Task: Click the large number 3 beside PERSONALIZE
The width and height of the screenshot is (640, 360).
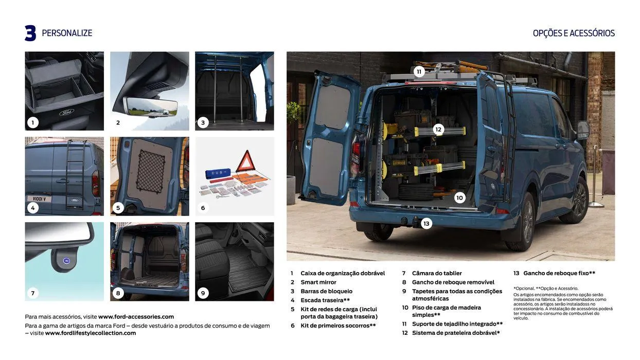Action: click(x=30, y=33)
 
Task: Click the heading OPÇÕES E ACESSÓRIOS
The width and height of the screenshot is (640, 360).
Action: click(x=574, y=33)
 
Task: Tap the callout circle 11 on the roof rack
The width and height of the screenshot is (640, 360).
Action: click(x=419, y=71)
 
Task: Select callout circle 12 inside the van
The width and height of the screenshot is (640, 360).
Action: click(x=438, y=130)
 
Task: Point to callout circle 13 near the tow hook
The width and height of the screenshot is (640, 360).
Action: click(x=426, y=223)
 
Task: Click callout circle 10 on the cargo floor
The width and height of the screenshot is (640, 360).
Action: click(x=459, y=197)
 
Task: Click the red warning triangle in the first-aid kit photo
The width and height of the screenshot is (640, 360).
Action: click(x=245, y=161)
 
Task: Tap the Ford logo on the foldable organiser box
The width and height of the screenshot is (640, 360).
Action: click(x=66, y=112)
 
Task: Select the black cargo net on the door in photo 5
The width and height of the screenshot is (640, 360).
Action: click(x=150, y=171)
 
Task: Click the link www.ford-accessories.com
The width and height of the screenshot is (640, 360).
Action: click(x=136, y=317)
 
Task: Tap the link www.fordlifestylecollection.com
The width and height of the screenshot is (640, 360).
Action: click(x=91, y=333)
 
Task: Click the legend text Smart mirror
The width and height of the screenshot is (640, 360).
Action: click(x=318, y=282)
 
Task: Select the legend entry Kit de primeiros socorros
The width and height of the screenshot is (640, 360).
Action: click(x=338, y=326)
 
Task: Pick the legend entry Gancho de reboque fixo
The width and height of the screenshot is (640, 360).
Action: click(x=559, y=273)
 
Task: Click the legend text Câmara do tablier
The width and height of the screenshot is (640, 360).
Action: click(x=437, y=273)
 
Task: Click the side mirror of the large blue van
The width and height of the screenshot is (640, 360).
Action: click(x=583, y=130)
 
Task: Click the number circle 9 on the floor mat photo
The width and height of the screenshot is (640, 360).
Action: click(x=203, y=293)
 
